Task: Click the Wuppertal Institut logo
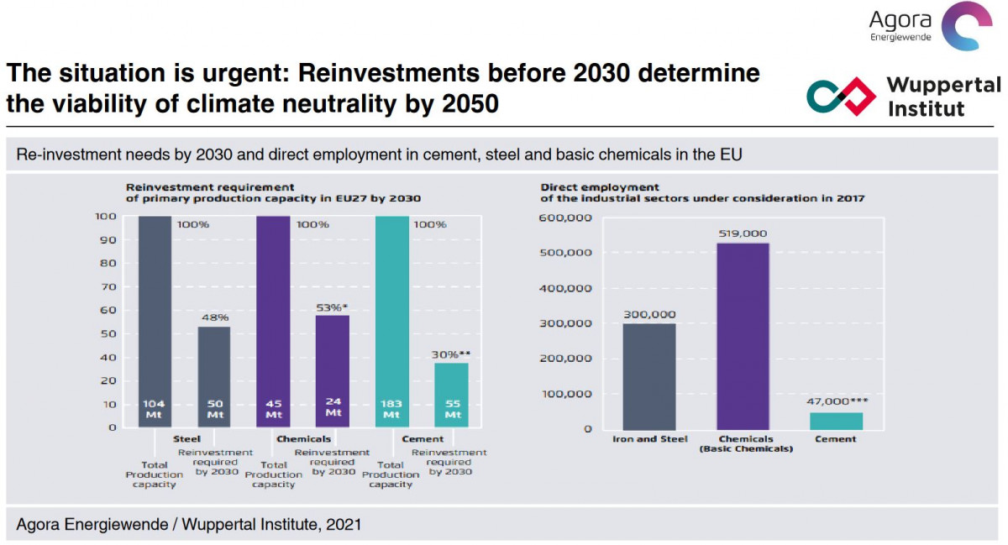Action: [903, 97]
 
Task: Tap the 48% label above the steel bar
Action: [214, 317]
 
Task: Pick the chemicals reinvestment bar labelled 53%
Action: [333, 370]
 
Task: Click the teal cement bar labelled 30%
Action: [451, 395]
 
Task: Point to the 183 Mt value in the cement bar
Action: [391, 409]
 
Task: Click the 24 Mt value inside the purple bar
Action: [333, 406]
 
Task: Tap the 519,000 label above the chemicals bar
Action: [743, 233]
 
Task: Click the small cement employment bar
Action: [836, 421]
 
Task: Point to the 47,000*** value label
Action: [835, 402]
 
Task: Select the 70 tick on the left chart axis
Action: [110, 286]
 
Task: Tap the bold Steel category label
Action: [186, 438]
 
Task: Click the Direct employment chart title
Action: [701, 192]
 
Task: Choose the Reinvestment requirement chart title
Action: [273, 192]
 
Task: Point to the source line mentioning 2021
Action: [189, 525]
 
